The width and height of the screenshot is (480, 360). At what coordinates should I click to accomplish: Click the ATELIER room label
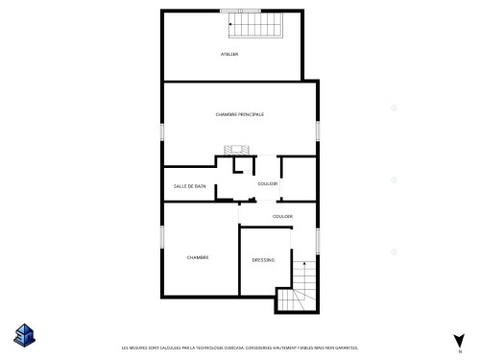pyautogui.click(x=228, y=54)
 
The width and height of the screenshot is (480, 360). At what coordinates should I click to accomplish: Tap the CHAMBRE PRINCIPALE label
pyautogui.click(x=240, y=114)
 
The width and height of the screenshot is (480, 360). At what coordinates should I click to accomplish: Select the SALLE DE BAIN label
pyautogui.click(x=190, y=185)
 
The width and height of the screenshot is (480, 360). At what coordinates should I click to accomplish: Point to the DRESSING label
pyautogui.click(x=263, y=260)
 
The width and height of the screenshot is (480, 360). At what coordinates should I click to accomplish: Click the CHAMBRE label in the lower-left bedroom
pyautogui.click(x=199, y=257)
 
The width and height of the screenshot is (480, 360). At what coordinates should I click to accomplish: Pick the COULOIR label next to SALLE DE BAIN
pyautogui.click(x=268, y=182)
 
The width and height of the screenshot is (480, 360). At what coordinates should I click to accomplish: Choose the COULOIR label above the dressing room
pyautogui.click(x=282, y=216)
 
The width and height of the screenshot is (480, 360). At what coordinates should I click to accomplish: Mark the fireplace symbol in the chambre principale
pyautogui.click(x=236, y=150)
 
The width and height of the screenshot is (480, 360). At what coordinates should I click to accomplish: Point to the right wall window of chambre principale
pyautogui.click(x=318, y=131)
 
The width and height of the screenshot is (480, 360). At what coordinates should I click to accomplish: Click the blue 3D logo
pyautogui.click(x=24, y=335)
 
